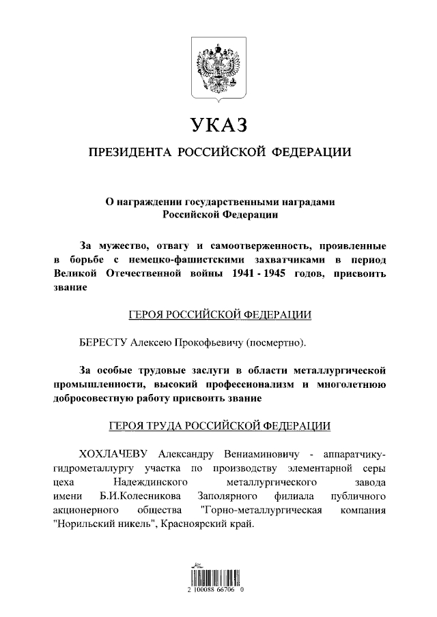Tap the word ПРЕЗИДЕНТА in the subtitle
click(129, 151)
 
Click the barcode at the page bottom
click(218, 581)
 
